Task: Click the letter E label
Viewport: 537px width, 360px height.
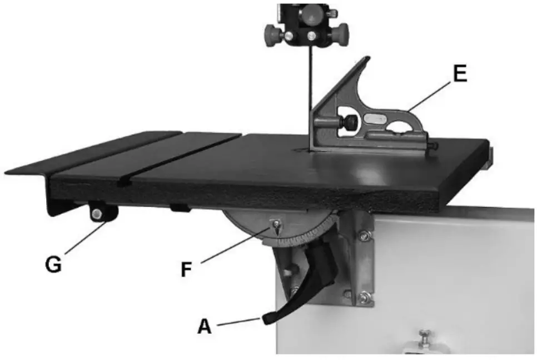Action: click(459, 75)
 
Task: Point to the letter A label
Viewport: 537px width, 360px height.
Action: click(205, 326)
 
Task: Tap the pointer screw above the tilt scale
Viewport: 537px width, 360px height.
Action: click(276, 225)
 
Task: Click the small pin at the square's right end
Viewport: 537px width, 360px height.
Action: click(433, 146)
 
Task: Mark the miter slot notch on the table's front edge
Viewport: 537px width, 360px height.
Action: click(126, 181)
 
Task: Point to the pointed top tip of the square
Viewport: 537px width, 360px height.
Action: click(365, 58)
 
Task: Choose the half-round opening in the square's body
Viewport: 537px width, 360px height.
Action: click(397, 132)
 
